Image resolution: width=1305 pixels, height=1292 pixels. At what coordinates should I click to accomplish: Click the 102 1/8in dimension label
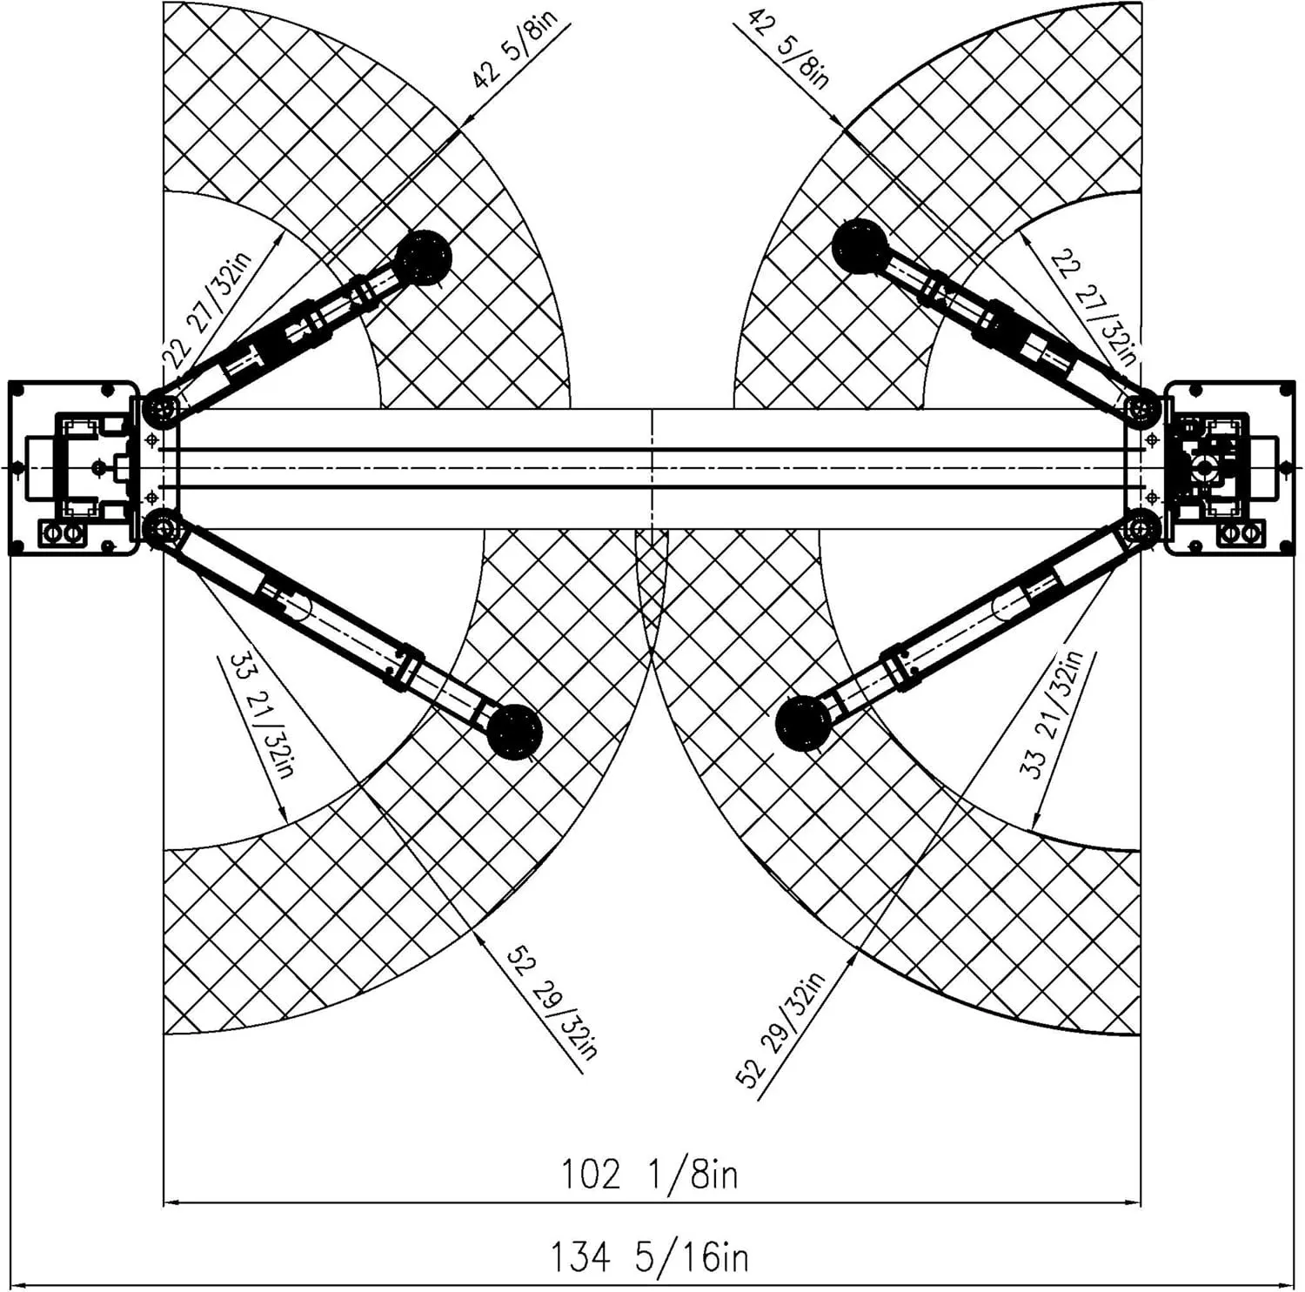click(650, 1175)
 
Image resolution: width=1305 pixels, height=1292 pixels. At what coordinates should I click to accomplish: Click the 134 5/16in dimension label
click(649, 1257)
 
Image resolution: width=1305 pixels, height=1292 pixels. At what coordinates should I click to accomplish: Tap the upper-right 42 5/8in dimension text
click(788, 49)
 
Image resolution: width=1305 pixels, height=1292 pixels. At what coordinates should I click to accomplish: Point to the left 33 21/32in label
click(263, 715)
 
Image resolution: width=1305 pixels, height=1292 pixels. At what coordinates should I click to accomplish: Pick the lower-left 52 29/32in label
click(553, 1002)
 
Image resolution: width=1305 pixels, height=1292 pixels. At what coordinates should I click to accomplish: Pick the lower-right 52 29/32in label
click(780, 1030)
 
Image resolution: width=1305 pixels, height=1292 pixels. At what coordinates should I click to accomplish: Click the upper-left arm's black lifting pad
click(425, 258)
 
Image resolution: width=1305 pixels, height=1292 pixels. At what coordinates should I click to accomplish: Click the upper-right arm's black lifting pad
click(860, 247)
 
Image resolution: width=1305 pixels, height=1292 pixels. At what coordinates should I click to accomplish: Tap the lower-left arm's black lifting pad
click(515, 732)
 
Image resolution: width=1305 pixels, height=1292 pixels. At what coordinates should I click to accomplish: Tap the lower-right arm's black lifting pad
click(803, 723)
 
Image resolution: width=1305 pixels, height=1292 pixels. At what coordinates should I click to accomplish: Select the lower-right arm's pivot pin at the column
click(1141, 527)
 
